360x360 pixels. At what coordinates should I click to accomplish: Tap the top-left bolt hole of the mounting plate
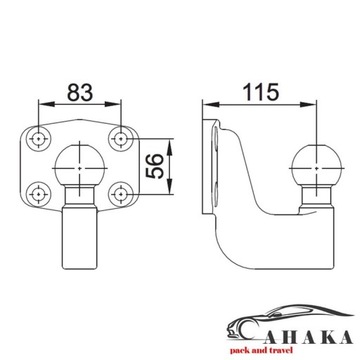click(38, 136)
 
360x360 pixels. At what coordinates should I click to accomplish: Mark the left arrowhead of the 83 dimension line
click(43, 106)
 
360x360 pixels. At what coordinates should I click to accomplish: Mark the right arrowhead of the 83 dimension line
click(122, 106)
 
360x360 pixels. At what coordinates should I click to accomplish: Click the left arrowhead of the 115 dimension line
click(207, 106)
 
